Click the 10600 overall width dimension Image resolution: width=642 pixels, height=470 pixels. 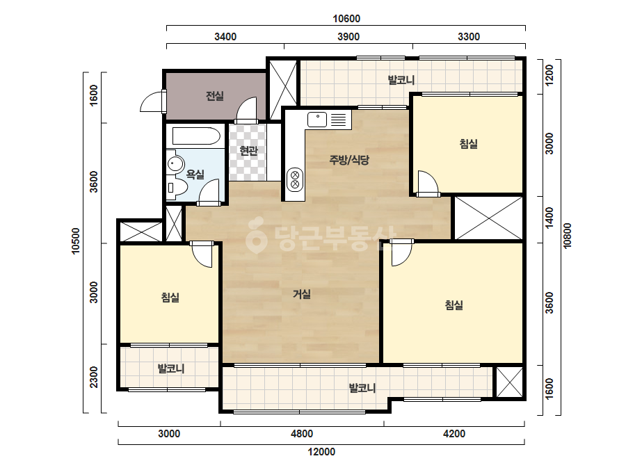tap(346, 19)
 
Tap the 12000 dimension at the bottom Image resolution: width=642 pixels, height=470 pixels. tap(321, 452)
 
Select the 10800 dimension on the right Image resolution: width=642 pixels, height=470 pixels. tap(567, 236)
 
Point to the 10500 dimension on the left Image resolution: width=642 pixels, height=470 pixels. tap(76, 241)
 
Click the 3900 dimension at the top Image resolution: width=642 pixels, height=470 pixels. tap(348, 37)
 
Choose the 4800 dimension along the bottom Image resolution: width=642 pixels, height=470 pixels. tap(302, 434)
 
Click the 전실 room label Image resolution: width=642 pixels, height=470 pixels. tap(214, 96)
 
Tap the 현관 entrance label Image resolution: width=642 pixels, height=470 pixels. tap(248, 151)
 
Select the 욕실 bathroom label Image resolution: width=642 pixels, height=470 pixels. tap(195, 175)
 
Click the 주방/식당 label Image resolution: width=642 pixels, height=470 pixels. tap(349, 160)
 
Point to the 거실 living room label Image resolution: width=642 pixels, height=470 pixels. tap(302, 294)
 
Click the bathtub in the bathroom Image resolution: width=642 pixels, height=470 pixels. tap(196, 136)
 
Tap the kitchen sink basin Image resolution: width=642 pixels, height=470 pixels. tap(317, 120)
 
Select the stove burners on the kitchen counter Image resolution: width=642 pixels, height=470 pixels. tap(295, 180)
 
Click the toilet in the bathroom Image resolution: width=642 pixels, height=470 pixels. tap(177, 188)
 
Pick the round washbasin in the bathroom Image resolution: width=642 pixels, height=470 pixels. tap(175, 164)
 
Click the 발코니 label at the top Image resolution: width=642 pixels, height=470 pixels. tap(401, 80)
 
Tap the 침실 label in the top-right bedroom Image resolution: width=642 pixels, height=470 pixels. tap(468, 144)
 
